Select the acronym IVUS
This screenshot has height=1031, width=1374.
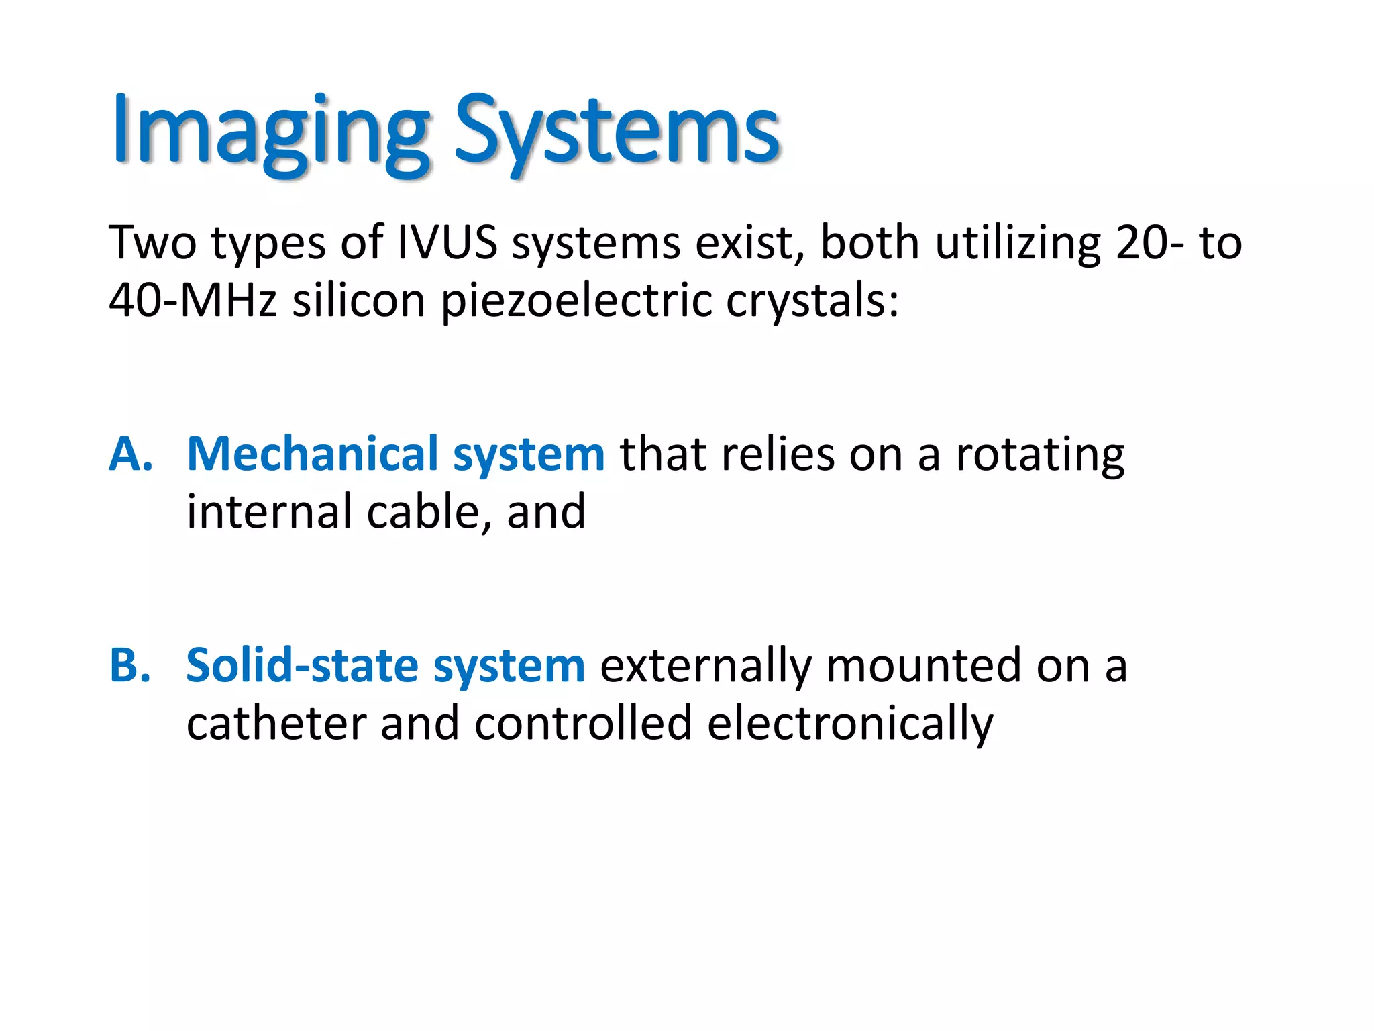click(447, 242)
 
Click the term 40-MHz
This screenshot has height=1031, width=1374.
click(193, 300)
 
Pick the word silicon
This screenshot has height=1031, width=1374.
click(359, 300)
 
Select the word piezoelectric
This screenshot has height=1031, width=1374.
click(576, 300)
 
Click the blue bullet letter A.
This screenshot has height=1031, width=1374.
click(130, 454)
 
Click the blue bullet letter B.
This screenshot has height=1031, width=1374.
click(130, 666)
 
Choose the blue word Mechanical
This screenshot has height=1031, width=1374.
click(312, 454)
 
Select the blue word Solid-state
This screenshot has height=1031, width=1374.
click(302, 666)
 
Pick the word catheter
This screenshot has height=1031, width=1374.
click(276, 724)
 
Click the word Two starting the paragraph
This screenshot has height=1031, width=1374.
click(152, 242)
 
